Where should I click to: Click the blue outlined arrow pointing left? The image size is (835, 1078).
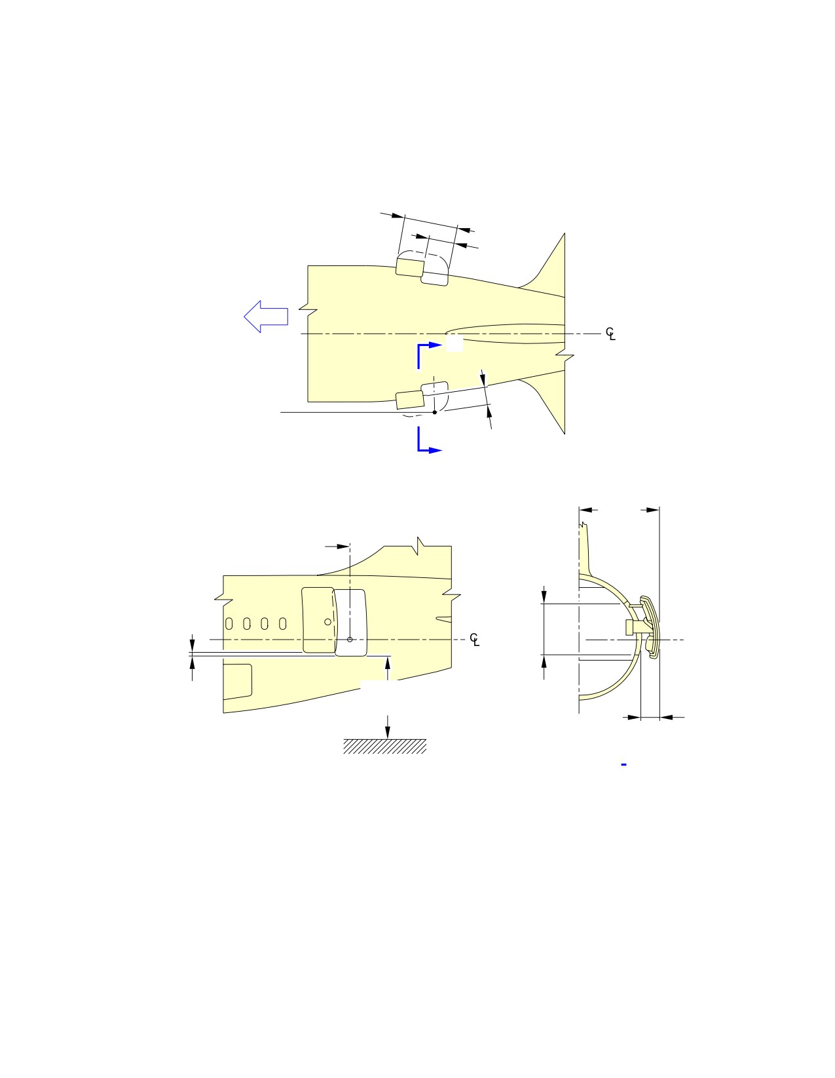tap(266, 317)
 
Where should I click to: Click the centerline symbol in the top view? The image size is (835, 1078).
tap(610, 334)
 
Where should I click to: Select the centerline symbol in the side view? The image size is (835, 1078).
tap(475, 640)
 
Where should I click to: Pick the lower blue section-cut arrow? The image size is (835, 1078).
tap(428, 440)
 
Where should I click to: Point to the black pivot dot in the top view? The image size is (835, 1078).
tap(435, 412)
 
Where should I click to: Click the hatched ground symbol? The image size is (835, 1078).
tap(384, 746)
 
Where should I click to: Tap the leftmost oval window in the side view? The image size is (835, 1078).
tap(229, 624)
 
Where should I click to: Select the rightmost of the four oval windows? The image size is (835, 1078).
tap(282, 624)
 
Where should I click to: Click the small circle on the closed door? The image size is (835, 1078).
tap(327, 622)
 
